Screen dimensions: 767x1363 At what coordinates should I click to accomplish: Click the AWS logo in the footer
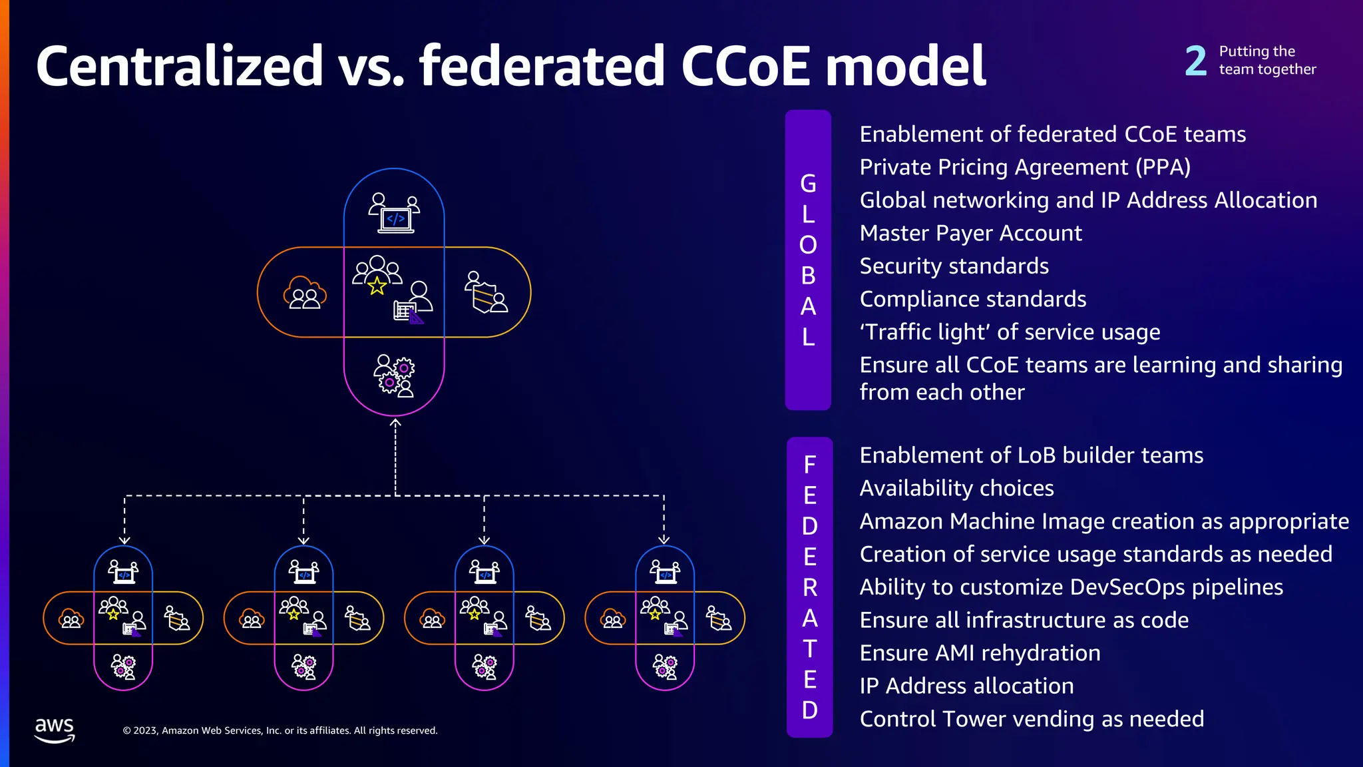click(x=55, y=729)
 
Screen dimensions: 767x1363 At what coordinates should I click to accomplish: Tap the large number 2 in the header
click(x=1195, y=61)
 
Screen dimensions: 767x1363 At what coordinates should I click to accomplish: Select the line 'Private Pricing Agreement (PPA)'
click(x=1025, y=167)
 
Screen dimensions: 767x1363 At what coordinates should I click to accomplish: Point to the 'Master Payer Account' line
click(x=970, y=233)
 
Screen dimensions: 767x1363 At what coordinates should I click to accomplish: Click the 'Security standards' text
click(x=954, y=266)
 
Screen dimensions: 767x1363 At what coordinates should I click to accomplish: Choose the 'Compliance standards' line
click(x=972, y=299)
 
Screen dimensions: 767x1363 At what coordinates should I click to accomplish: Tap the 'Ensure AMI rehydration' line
click(x=980, y=653)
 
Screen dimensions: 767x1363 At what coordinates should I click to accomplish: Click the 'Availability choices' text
click(x=956, y=488)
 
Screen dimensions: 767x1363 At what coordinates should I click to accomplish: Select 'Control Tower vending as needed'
click(x=1032, y=719)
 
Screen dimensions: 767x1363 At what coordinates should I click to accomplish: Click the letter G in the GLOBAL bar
click(x=808, y=184)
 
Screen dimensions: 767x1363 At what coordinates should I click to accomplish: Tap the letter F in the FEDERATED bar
click(x=809, y=465)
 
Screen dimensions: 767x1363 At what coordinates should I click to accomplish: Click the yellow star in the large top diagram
click(x=377, y=286)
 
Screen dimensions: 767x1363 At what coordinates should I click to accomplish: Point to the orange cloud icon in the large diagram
click(x=305, y=293)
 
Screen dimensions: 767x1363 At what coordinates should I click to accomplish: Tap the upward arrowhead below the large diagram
click(x=395, y=422)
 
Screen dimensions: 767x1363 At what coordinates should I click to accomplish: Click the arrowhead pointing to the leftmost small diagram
click(x=124, y=540)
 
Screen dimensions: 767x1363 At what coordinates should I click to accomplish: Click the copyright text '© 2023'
click(x=140, y=730)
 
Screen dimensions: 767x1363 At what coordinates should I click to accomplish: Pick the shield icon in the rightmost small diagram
click(x=718, y=619)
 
